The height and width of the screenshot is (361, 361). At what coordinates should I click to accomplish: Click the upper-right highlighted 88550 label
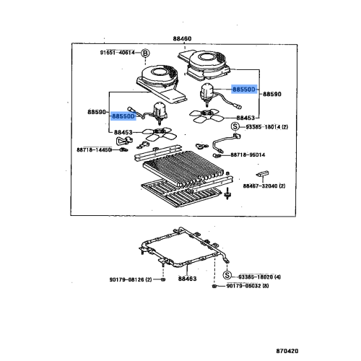pyautogui.click(x=244, y=88)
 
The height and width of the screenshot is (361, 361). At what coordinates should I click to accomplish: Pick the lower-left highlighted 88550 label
pyautogui.click(x=123, y=116)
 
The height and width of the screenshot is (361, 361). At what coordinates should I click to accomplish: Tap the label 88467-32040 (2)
pyautogui.click(x=264, y=186)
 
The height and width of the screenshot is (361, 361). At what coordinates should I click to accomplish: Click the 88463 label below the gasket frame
pyautogui.click(x=188, y=278)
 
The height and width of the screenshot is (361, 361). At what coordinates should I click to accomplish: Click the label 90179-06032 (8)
pyautogui.click(x=248, y=287)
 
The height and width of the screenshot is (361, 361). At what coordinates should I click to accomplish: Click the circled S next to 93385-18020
pyautogui.click(x=226, y=277)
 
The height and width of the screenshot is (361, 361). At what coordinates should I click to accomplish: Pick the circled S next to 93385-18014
pyautogui.click(x=230, y=126)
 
